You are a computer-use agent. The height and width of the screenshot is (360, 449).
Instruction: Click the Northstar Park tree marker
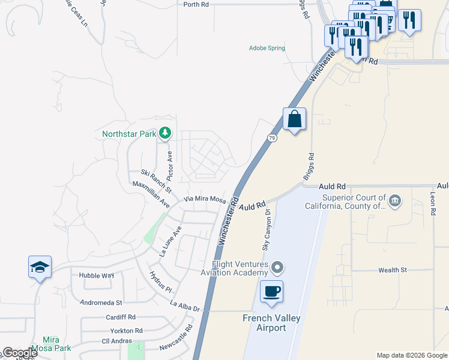coord(164,133)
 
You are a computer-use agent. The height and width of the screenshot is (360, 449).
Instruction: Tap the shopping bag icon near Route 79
coord(294,119)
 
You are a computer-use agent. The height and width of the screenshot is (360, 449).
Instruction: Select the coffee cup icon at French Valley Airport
coord(271,292)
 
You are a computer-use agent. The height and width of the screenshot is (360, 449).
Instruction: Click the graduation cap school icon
coord(40,267)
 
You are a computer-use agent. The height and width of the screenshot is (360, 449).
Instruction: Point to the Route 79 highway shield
coord(272,138)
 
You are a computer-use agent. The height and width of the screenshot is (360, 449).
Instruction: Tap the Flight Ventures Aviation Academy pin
coord(277,266)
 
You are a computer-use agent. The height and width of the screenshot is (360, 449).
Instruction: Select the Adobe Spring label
coord(267,48)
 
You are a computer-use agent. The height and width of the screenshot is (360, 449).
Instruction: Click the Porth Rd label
coord(196,4)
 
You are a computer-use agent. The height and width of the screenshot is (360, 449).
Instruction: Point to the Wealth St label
coord(393,271)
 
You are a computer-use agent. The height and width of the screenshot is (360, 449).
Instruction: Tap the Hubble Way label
coord(96,275)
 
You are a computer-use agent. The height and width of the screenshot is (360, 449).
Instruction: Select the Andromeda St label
coord(101,303)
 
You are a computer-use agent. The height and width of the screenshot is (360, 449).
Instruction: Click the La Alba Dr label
coord(185,307)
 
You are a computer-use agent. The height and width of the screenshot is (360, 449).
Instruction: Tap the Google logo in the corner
coord(19,353)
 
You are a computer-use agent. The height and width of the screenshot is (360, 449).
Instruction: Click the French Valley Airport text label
coord(271,323)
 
